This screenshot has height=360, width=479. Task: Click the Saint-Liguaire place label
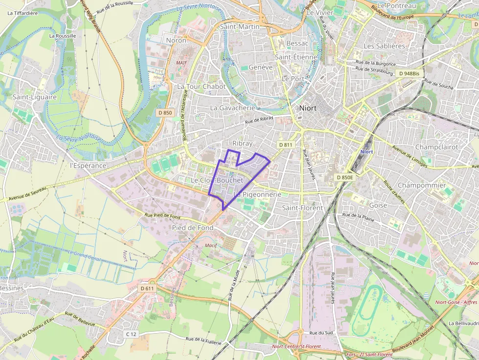(35, 97)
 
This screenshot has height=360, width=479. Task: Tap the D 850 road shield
(165, 113)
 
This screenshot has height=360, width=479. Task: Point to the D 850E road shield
(345, 177)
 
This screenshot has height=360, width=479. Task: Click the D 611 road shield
(147, 288)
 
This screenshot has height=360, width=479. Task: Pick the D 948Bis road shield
(409, 73)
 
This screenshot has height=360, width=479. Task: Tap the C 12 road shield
(131, 334)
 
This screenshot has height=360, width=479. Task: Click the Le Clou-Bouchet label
(217, 180)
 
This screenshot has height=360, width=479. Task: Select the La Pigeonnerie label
(258, 194)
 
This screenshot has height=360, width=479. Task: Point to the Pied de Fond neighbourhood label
(193, 228)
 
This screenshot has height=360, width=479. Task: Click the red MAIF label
(182, 63)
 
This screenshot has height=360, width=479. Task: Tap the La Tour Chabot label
(201, 86)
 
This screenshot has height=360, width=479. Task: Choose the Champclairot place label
(436, 147)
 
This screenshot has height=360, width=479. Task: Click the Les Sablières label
(384, 46)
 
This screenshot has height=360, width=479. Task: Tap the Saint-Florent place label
(303, 208)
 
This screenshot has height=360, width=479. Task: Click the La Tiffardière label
(23, 13)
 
